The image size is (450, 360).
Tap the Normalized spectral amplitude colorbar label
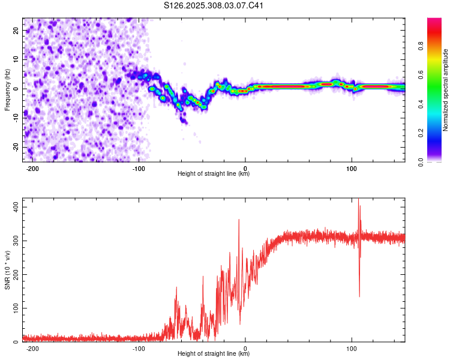tap(446, 90)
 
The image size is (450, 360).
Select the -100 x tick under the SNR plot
tap(139, 348)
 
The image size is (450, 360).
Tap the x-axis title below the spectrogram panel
tap(214, 174)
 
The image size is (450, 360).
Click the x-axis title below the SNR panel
tap(214, 354)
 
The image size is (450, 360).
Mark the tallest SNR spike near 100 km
tap(359, 199)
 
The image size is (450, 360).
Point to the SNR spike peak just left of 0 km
tap(239, 220)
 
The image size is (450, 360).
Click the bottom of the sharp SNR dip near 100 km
tap(359, 296)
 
